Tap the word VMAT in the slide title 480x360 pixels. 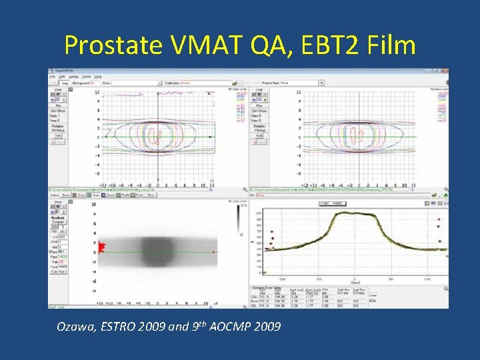coord(201,45)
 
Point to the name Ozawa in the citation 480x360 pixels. coord(74,326)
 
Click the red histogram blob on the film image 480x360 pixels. coord(103,248)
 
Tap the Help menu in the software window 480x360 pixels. coord(97,77)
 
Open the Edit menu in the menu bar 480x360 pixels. coord(61,77)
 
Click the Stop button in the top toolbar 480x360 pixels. coord(66,83)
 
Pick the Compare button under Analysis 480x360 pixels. coord(58,220)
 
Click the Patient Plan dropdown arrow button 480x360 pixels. coord(321,83)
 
